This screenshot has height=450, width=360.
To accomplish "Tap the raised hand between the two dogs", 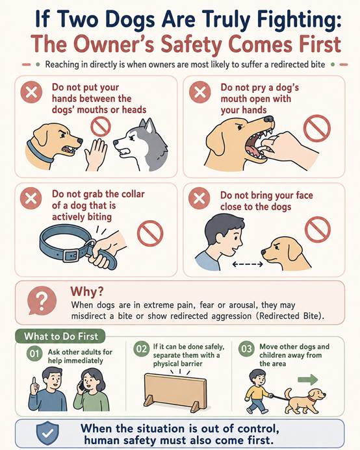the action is click(96, 155).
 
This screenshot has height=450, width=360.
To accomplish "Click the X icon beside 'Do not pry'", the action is click(200, 92).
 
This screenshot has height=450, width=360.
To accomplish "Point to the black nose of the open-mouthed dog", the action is click(269, 119).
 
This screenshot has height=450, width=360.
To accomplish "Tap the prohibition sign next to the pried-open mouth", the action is click(317, 128).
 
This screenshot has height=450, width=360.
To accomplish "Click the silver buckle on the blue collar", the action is click(71, 255).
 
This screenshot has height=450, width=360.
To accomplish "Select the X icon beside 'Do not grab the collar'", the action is click(31, 198).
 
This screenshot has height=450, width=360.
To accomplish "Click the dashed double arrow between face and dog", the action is click(248, 264).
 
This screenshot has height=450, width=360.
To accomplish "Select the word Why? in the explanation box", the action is click(87, 292).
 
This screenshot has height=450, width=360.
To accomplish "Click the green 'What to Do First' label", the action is click(60, 336).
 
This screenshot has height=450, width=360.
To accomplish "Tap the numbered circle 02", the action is click(142, 349).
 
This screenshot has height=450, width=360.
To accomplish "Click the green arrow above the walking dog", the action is click(308, 379).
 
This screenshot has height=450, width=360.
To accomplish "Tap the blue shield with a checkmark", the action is click(47, 433).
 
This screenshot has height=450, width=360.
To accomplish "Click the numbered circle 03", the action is click(246, 349).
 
